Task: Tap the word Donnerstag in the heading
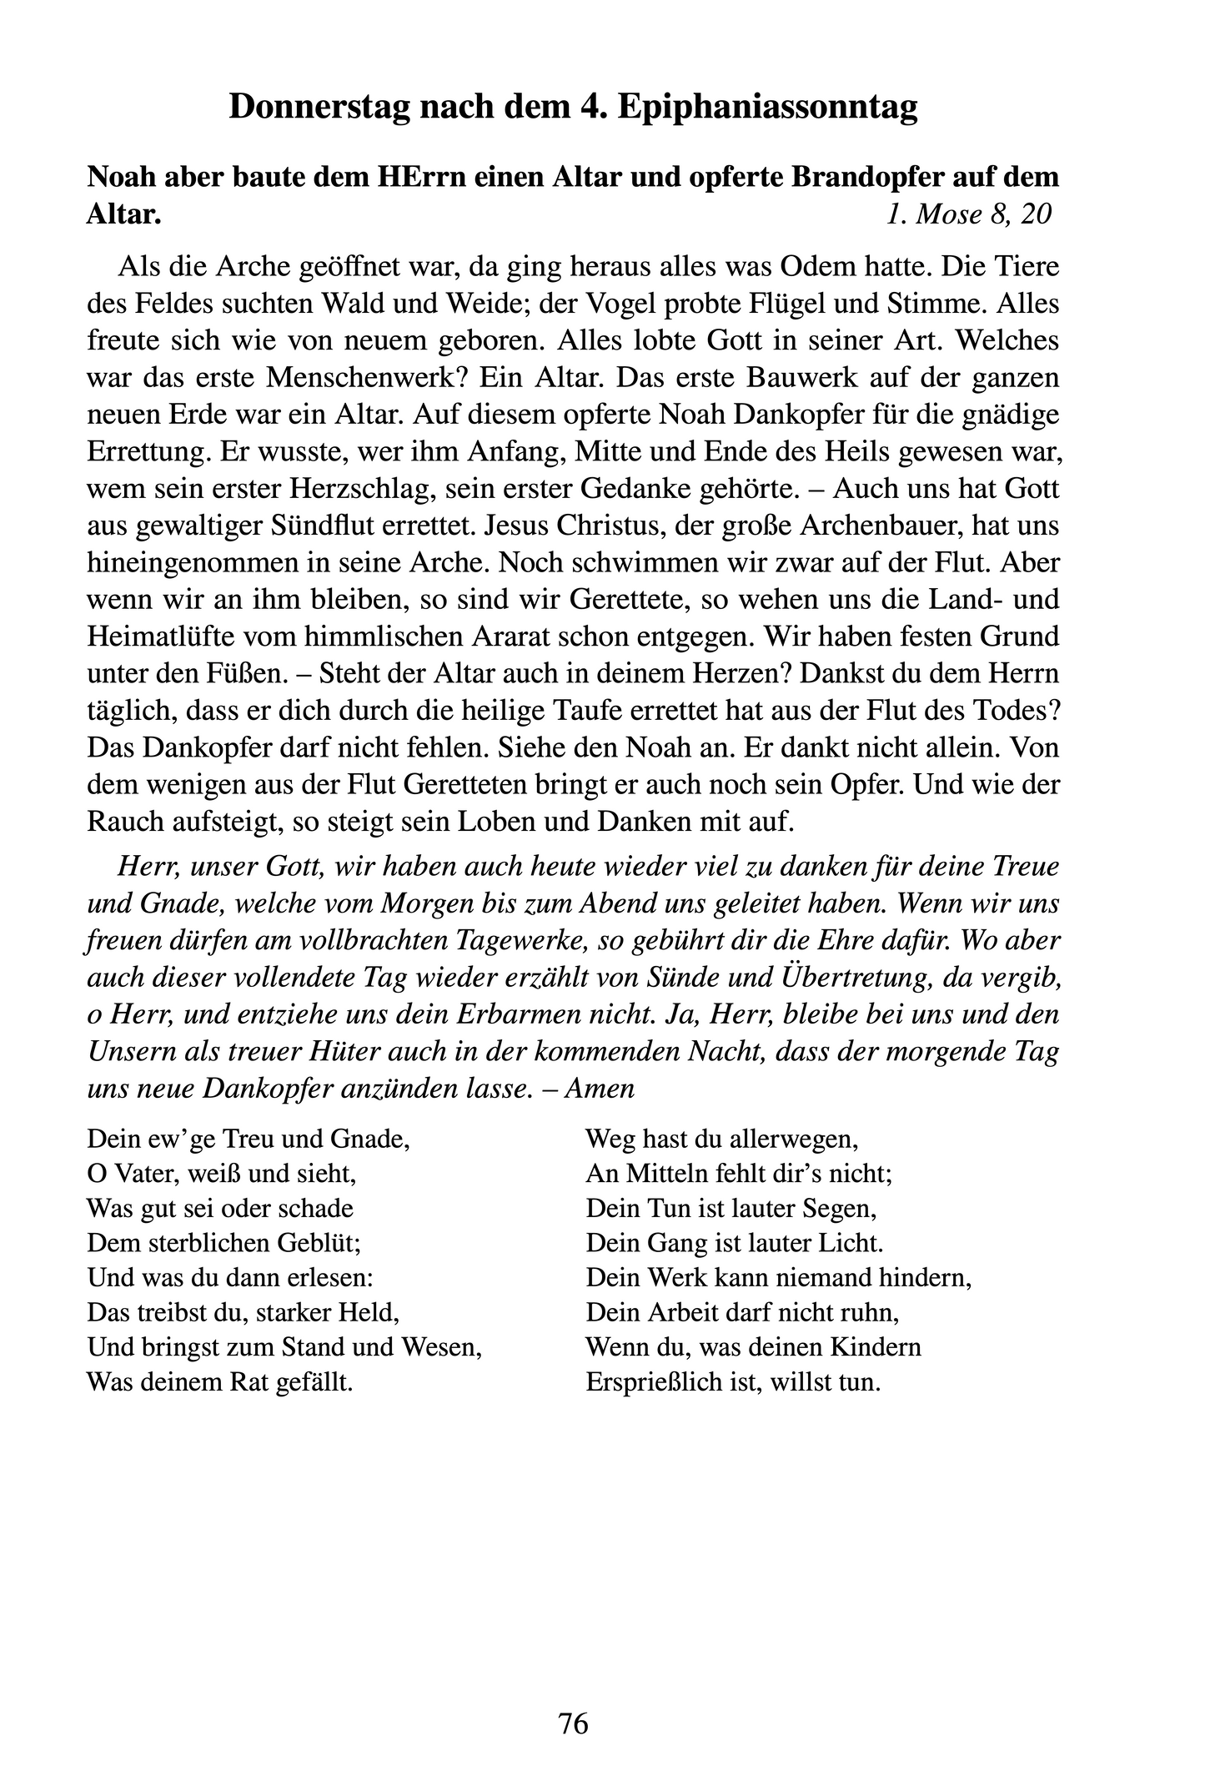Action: click(x=319, y=108)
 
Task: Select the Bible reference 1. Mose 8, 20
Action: click(x=968, y=214)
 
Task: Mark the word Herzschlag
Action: click(x=371, y=489)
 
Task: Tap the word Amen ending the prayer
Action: click(x=600, y=1089)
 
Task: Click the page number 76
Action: click(x=574, y=1722)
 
